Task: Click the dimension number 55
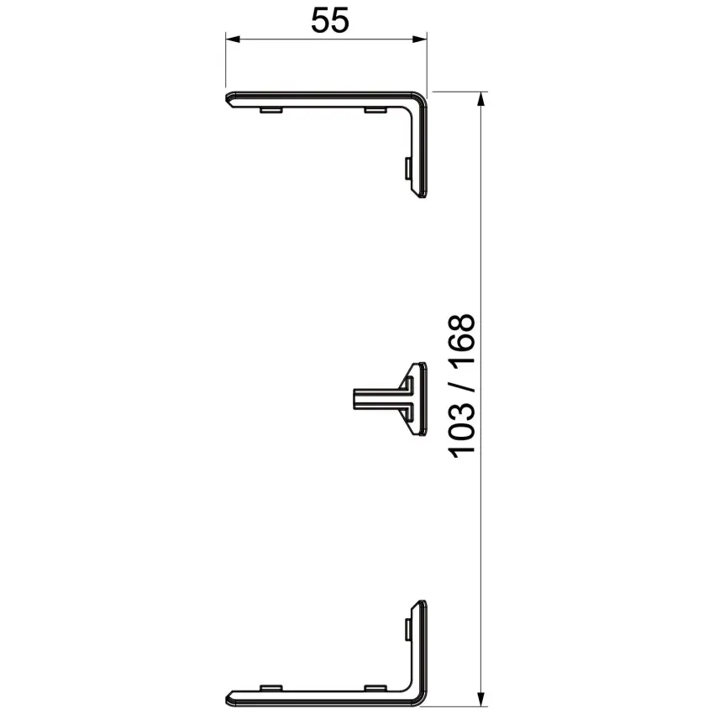coord(330,20)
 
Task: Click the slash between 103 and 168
coord(462,386)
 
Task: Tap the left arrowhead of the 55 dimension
coord(232,39)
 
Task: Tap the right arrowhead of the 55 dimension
coord(420,39)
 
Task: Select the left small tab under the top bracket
coord(271,110)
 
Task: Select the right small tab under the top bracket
coord(375,110)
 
